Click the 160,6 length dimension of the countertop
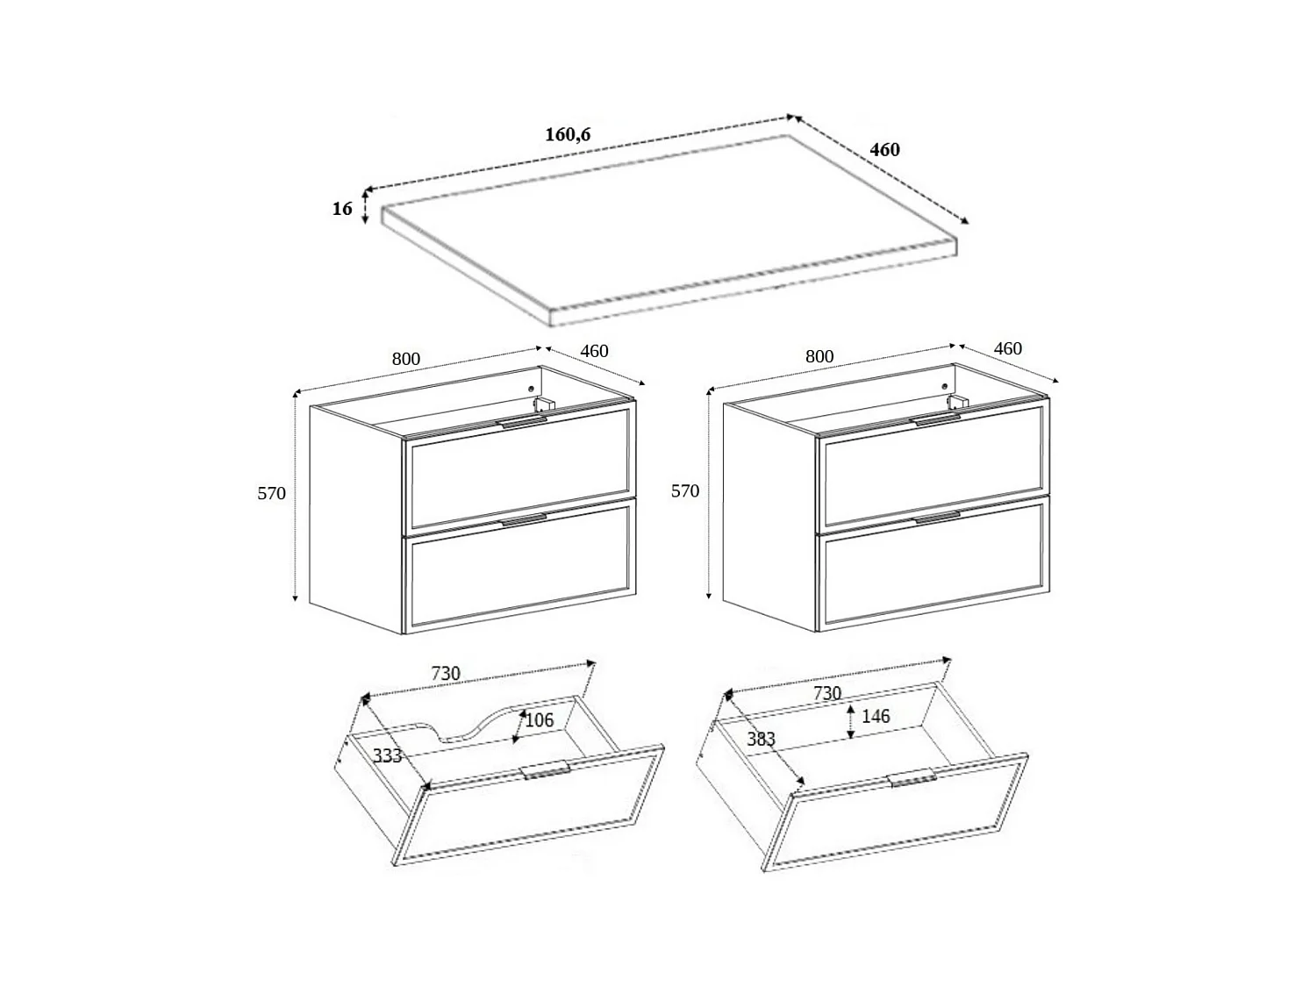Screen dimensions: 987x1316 568,134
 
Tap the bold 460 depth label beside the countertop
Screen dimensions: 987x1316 884,150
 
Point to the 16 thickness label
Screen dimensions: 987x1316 342,209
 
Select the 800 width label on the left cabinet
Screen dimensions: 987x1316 406,359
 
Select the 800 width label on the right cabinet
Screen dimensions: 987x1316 819,356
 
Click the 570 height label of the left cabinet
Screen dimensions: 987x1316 271,493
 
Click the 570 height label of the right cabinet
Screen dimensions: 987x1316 685,491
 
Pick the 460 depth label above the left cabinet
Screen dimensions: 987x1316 594,351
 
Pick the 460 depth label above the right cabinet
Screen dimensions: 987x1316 1007,348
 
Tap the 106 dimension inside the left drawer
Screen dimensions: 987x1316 539,720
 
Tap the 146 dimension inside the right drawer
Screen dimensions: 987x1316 875,716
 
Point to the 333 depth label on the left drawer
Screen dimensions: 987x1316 387,755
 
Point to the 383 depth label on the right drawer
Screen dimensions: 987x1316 761,739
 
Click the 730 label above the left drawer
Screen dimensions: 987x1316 445,674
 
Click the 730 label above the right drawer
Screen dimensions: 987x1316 826,693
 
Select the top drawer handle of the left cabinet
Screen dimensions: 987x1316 522,422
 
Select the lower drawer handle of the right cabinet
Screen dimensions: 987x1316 937,519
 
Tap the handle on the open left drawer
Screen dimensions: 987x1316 547,771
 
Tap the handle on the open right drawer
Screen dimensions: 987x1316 912,779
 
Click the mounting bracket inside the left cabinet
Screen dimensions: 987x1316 545,403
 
